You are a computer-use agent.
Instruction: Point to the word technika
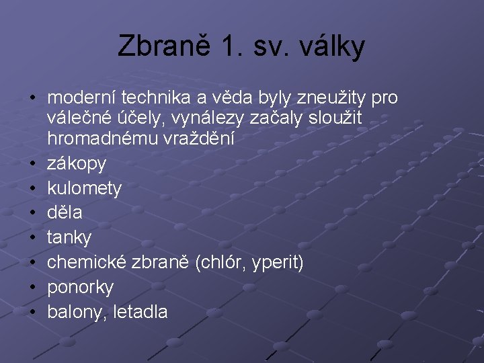coord(157,98)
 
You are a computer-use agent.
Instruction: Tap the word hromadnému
coord(102,138)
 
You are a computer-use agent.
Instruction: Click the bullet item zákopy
coord(77,163)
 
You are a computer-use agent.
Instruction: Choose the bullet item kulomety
coord(85,188)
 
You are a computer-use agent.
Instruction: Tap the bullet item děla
coord(65,212)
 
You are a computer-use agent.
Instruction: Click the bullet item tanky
coord(69,237)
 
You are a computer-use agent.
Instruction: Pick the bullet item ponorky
coord(81,288)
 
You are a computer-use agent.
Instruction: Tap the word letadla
coord(143,312)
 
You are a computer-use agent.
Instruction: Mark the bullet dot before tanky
coord(32,238)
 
